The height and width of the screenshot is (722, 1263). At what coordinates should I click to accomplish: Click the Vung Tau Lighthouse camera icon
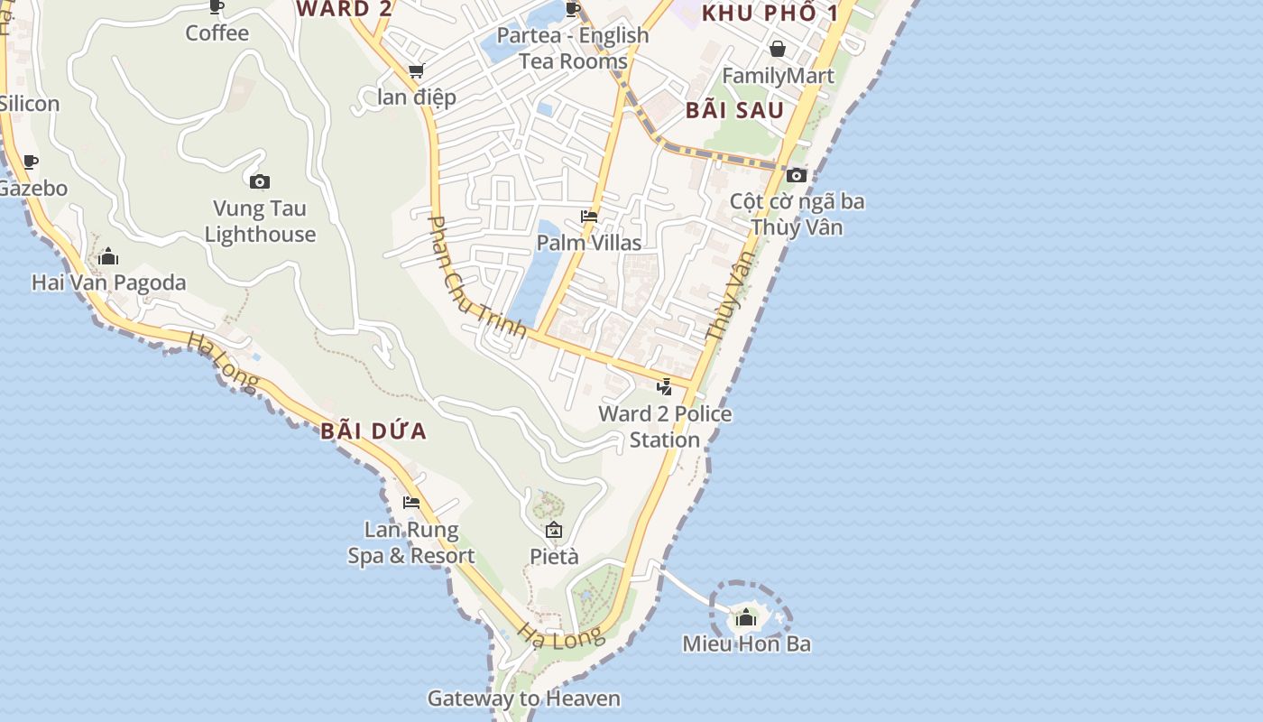point(260,182)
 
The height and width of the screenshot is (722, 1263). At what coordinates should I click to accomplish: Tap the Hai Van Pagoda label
point(108,282)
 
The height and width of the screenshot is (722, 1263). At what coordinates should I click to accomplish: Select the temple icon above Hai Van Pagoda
point(108,257)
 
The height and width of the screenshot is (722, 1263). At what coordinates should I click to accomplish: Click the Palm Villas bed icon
point(589,217)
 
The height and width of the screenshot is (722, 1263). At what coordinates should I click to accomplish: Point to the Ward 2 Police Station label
point(665,427)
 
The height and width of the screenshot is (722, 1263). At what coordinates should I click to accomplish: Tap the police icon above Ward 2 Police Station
point(665,388)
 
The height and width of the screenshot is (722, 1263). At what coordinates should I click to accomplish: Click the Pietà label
point(554,557)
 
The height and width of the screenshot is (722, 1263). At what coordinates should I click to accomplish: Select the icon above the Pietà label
point(554,530)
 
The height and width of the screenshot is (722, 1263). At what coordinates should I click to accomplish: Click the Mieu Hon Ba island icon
point(746,618)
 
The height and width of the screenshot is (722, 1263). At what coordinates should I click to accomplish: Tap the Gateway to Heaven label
point(523,699)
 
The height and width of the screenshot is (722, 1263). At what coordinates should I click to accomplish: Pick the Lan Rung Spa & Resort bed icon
point(411,503)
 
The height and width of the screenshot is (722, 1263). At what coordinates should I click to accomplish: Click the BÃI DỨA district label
point(373,431)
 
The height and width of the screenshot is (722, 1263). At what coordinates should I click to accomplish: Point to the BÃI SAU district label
point(734,111)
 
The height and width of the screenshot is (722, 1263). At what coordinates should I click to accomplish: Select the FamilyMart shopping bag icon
point(778,49)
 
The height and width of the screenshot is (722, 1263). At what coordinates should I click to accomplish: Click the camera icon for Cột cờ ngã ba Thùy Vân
point(796,176)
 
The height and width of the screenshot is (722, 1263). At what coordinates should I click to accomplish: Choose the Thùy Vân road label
point(729,296)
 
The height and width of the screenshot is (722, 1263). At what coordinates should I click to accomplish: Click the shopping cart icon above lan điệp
point(416,70)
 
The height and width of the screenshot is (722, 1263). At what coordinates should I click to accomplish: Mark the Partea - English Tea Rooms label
point(574,48)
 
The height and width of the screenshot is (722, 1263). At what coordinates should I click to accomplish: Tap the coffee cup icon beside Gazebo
point(31,162)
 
